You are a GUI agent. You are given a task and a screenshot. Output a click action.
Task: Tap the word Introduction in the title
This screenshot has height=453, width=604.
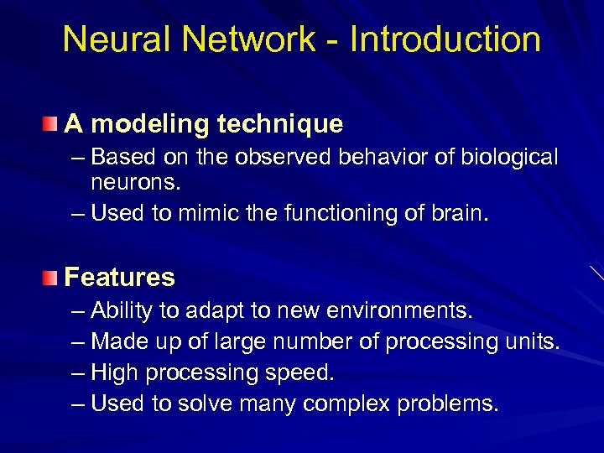445,39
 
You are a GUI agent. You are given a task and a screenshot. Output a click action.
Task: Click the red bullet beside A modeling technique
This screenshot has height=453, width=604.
52,124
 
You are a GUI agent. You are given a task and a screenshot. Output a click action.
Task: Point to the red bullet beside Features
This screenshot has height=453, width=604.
52,277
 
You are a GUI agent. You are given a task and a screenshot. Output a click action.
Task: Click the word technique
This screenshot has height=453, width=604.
279,124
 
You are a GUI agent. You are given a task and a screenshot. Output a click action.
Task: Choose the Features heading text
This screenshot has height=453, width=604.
119,277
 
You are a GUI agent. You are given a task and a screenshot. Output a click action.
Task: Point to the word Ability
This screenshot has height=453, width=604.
121,311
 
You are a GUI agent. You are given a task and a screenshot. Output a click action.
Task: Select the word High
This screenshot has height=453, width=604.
112,372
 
